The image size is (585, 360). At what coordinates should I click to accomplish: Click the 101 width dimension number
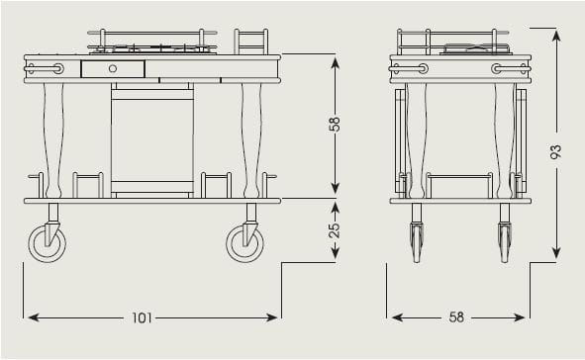coord(142,317)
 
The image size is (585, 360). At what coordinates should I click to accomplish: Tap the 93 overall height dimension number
coord(556,151)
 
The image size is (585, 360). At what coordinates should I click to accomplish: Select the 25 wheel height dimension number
coord(335,229)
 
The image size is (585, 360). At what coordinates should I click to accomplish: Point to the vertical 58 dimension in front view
coord(335,124)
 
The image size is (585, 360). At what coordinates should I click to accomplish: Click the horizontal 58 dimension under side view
coord(456,317)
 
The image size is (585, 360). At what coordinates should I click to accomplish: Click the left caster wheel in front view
coord(48,243)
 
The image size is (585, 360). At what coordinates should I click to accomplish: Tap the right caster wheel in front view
coord(245,243)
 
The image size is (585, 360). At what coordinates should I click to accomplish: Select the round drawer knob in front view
coord(113,68)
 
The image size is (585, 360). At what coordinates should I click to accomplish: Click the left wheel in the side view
coord(417,242)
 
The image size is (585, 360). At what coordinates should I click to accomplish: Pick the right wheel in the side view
coord(505,242)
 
